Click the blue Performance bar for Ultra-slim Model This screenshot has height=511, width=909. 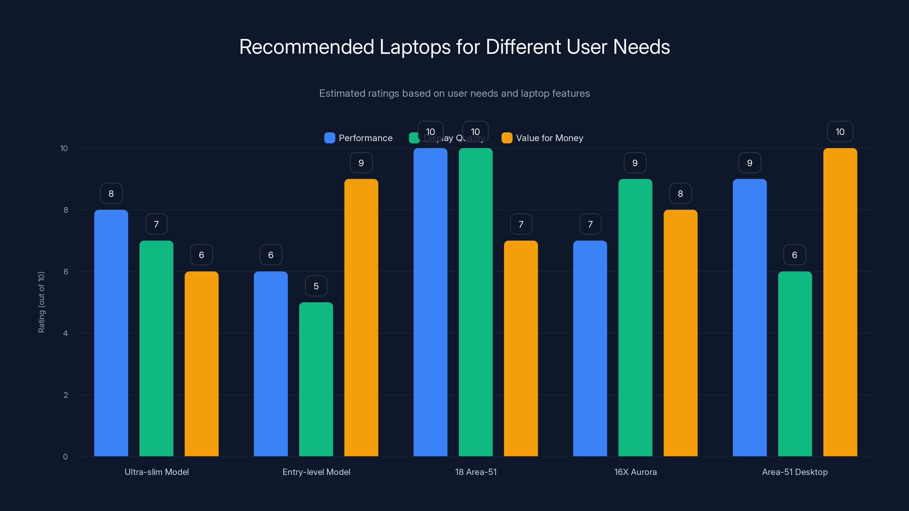click(111, 333)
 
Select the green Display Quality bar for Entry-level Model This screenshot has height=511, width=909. click(316, 379)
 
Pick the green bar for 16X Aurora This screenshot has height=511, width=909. click(635, 317)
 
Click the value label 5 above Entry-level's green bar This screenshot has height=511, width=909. click(316, 286)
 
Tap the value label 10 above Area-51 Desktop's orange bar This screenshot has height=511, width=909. click(840, 131)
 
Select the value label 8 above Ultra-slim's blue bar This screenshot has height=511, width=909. click(111, 193)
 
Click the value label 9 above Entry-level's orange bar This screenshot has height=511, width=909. click(361, 163)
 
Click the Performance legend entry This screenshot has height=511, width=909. click(358, 138)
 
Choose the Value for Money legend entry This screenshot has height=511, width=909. click(542, 138)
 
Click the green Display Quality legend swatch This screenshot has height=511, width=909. click(414, 138)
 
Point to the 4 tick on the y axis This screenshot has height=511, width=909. click(65, 333)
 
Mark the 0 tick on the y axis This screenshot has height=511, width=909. click(65, 457)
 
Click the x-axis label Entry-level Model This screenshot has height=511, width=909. click(316, 472)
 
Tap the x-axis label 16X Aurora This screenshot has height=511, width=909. click(635, 472)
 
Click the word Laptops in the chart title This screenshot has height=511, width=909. click(415, 47)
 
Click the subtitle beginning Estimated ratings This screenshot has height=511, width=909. click(454, 93)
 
